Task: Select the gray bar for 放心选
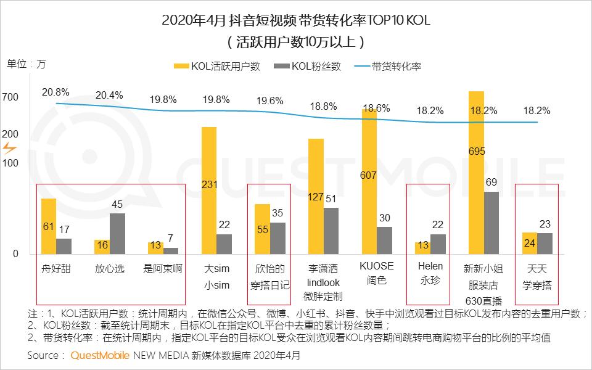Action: tap(117, 234)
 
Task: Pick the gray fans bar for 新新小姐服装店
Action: tap(491, 223)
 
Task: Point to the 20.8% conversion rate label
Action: tap(55, 92)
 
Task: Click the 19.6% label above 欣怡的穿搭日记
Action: tap(269, 101)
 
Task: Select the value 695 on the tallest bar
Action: tap(477, 151)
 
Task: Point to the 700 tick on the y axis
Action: tap(14, 97)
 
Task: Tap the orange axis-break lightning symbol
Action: tap(10, 148)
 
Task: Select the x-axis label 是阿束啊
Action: tap(163, 269)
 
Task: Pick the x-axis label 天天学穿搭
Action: tap(536, 276)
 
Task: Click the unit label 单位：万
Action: tap(26, 64)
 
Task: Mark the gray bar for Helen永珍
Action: tap(438, 244)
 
